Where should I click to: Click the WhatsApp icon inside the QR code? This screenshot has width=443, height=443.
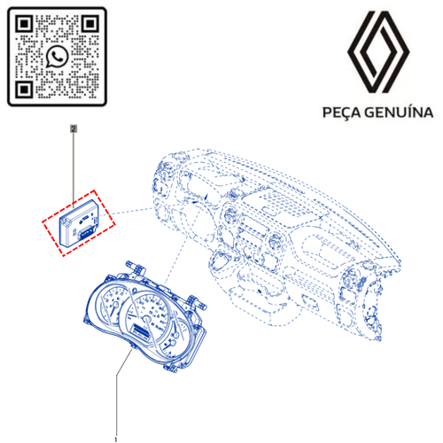[x=57, y=57]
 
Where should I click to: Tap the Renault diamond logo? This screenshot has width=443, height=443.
[x=378, y=52]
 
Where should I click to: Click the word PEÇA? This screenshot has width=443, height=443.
[x=341, y=113]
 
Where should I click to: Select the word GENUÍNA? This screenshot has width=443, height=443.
[x=399, y=113]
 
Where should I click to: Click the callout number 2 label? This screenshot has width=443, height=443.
[x=74, y=128]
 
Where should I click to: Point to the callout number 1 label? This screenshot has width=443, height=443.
[x=116, y=439]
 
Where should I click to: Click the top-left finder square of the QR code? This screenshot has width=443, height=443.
[x=24, y=23]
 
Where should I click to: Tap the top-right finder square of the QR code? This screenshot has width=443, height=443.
[x=90, y=23]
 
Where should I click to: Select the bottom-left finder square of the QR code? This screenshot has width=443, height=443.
[x=24, y=89]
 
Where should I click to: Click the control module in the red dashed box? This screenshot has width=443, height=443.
[x=79, y=222]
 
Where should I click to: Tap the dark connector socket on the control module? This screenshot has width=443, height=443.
[x=86, y=232]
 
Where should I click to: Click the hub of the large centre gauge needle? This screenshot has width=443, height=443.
[x=146, y=319]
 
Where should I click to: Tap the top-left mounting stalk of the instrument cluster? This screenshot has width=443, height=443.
[x=136, y=268]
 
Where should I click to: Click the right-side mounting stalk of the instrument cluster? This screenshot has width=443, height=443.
[x=196, y=302]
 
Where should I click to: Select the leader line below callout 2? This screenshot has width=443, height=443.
[x=74, y=169]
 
